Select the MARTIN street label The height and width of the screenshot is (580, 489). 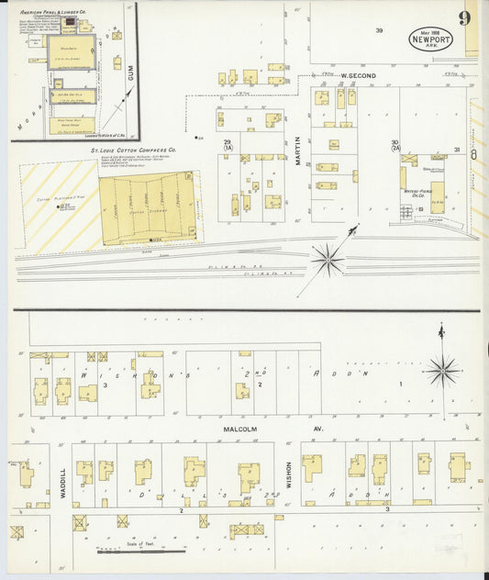coord(297,149)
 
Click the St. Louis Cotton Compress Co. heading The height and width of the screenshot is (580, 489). coord(133,149)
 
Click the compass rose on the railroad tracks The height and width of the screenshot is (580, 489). coord(327,260)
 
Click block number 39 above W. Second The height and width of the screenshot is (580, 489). coord(379,30)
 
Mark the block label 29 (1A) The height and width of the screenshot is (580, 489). coord(227,144)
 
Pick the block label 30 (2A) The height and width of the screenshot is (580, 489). coord(395,144)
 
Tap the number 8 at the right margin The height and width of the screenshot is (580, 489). coord(473,154)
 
